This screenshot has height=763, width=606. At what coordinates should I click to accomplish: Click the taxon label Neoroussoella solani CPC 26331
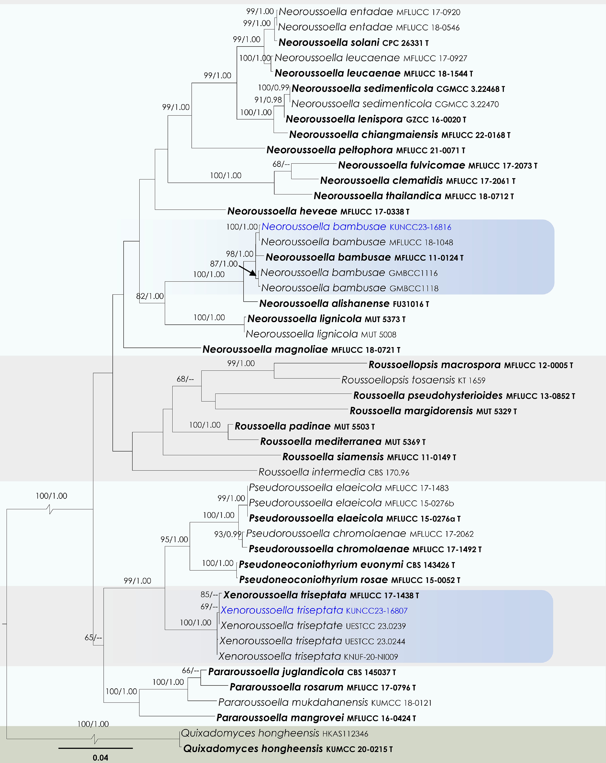point(353,43)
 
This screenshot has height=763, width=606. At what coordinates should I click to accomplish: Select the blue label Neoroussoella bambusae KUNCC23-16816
point(356,227)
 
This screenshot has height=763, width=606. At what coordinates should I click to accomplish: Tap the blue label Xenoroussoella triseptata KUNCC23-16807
point(314,611)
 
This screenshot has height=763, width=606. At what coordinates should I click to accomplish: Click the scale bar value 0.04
point(100,757)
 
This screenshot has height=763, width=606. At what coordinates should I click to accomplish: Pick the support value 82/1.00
point(150,296)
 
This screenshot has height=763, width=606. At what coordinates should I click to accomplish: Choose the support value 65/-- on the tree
point(93,638)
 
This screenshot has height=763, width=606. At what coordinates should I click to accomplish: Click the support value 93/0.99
point(227,534)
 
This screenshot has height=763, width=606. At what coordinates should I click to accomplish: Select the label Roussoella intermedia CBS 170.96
point(334,472)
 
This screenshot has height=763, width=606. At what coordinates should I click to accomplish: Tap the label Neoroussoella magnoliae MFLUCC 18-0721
point(301,350)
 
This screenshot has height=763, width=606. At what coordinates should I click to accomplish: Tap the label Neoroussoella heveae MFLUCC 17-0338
point(318,211)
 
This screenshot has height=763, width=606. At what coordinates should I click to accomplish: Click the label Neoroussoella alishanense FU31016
point(344,304)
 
